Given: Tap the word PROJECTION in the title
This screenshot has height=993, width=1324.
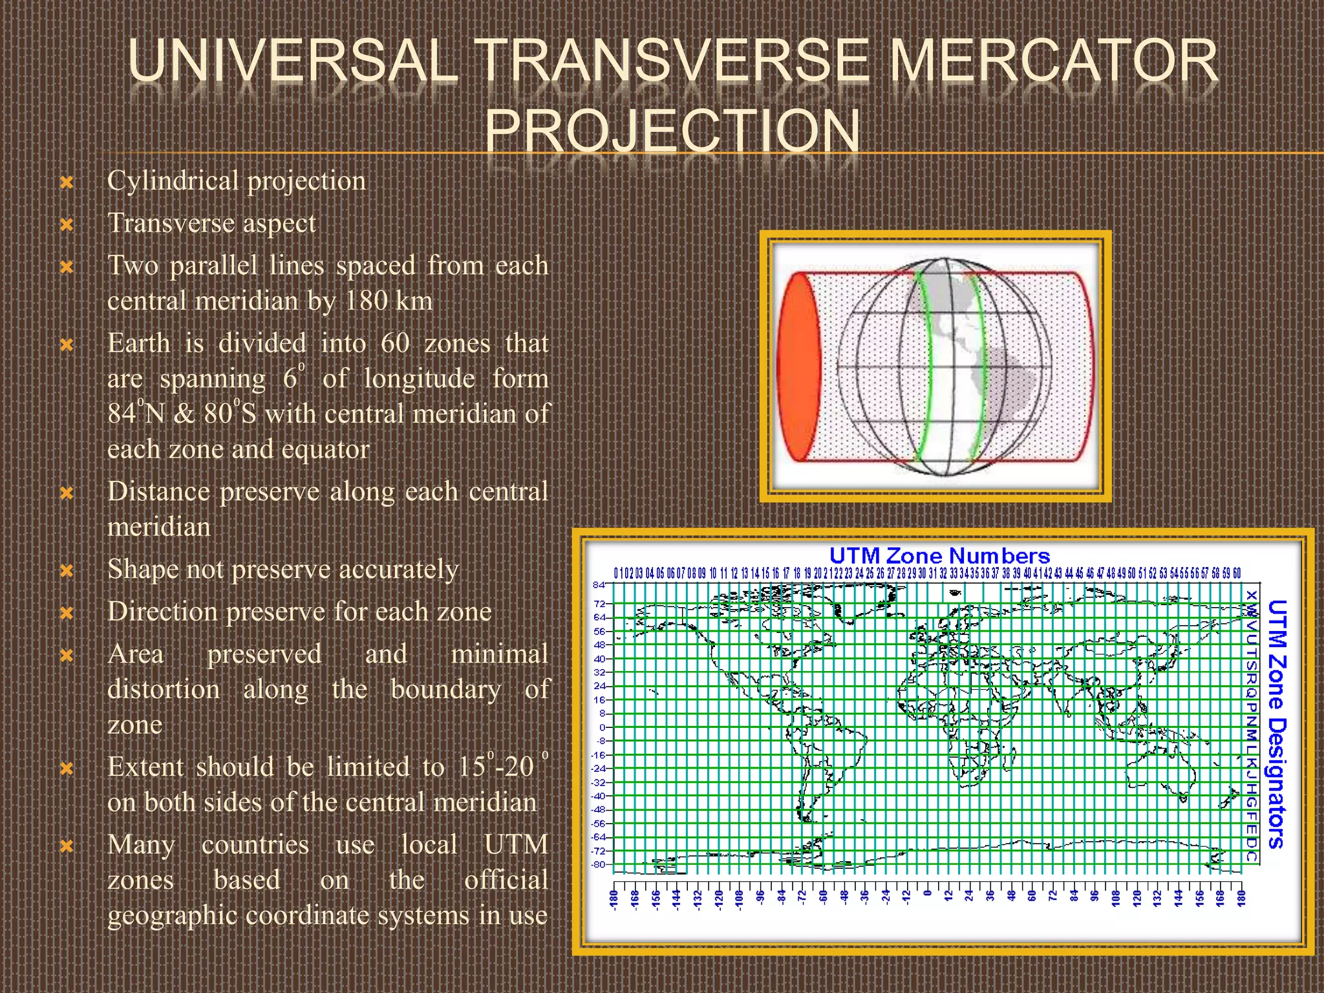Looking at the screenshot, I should click(672, 131).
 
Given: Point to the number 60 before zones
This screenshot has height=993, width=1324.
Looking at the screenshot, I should click(395, 343).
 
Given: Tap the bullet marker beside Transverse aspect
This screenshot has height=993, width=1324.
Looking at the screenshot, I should click(67, 225).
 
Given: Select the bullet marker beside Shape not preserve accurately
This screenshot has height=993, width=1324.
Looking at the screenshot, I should click(67, 571).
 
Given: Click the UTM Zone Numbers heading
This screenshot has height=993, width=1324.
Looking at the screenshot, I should click(939, 555).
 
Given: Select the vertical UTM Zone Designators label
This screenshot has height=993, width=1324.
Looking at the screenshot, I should click(1276, 724).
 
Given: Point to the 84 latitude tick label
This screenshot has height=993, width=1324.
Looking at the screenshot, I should click(599, 585).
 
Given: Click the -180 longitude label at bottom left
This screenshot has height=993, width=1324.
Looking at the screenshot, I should click(614, 898).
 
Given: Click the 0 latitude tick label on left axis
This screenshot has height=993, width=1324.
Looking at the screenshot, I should click(602, 727).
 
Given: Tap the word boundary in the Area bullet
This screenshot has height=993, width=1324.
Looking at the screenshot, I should click(445, 689).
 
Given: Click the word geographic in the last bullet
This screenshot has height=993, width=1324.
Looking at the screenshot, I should click(173, 916).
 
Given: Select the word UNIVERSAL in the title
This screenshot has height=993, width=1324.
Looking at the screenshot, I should click(293, 61).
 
